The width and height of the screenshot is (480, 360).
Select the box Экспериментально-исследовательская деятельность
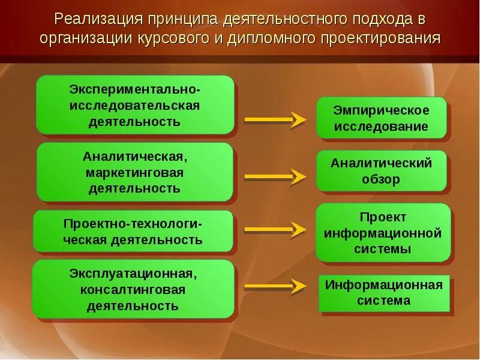(x=134, y=105)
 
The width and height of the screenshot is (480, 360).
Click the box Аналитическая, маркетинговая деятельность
(x=134, y=172)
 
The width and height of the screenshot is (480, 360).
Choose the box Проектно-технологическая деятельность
(x=133, y=232)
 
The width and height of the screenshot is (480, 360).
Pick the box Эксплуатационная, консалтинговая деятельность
(x=133, y=289)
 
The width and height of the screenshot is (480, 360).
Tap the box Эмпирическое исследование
(x=382, y=118)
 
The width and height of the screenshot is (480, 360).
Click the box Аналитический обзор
(x=382, y=171)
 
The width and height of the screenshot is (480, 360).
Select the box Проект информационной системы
(x=383, y=233)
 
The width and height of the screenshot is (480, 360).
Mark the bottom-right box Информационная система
(x=384, y=293)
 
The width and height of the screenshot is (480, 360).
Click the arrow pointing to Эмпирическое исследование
(x=275, y=120)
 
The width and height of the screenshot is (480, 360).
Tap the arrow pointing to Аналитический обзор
(x=275, y=176)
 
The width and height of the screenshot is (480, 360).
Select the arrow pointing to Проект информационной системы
(x=275, y=229)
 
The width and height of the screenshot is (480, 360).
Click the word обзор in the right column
(x=381, y=179)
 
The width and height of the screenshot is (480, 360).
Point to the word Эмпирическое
(x=382, y=110)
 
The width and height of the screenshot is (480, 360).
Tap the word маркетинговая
(x=134, y=173)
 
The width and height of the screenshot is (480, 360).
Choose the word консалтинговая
(x=133, y=290)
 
